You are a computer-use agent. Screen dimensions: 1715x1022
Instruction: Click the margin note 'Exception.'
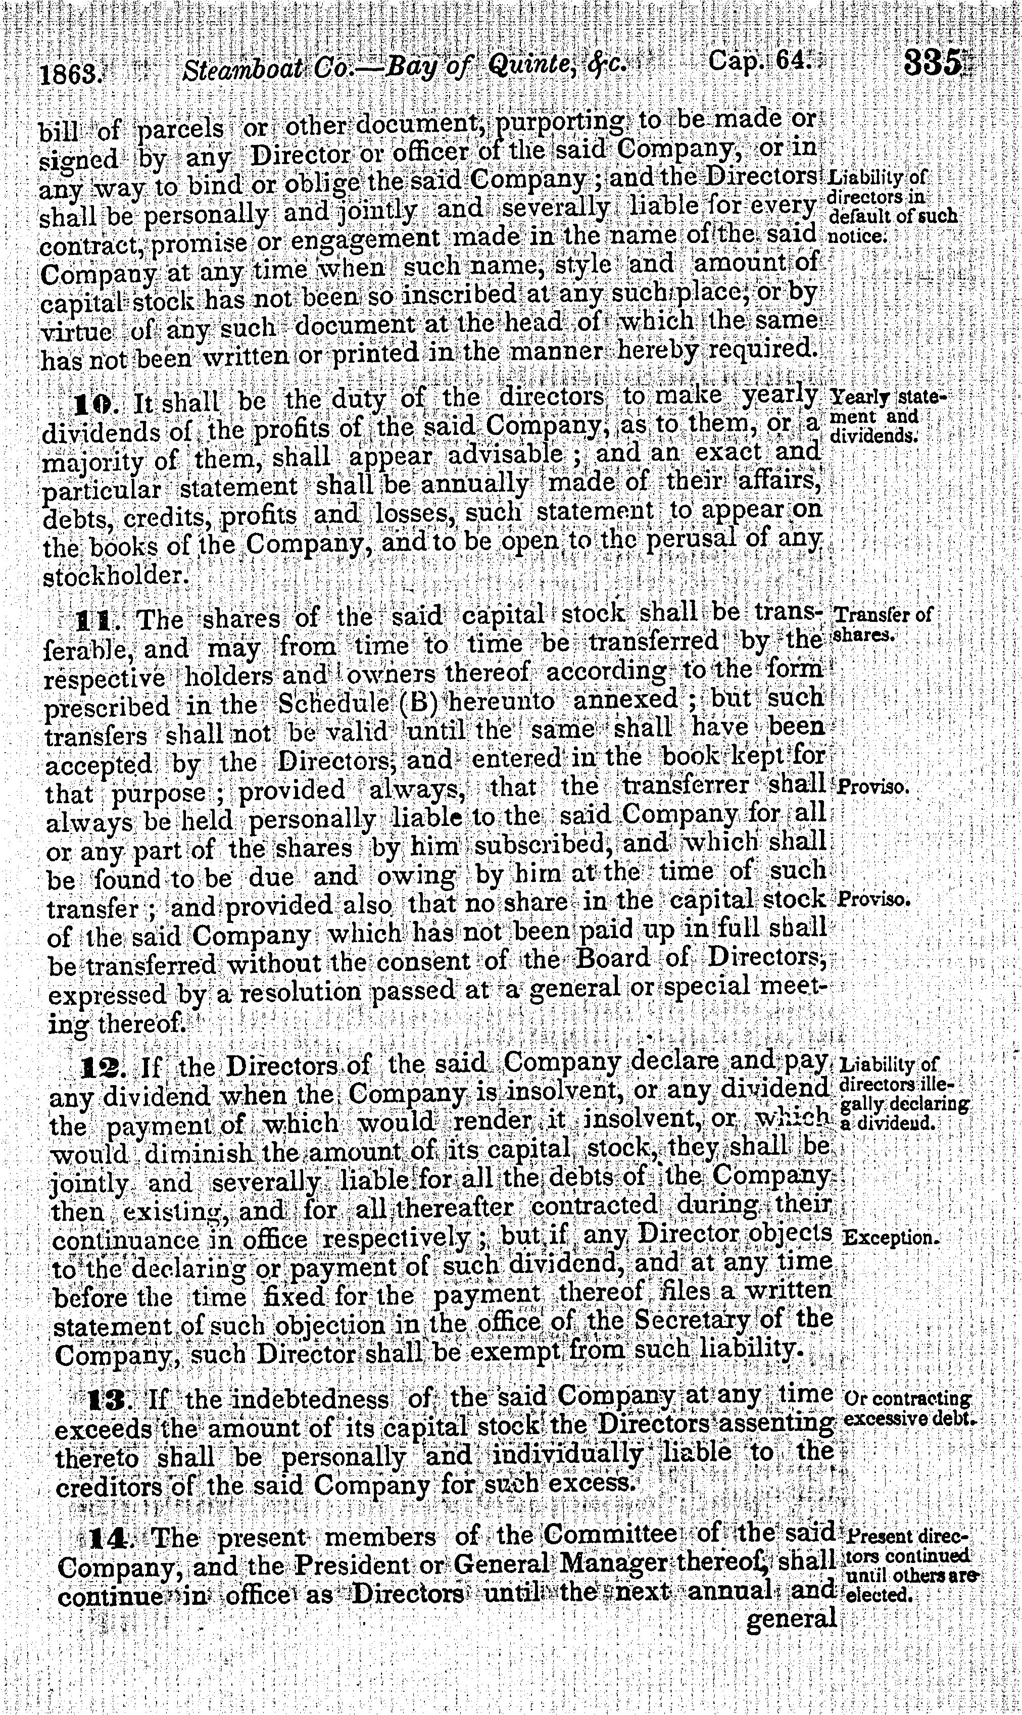tap(891, 1237)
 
